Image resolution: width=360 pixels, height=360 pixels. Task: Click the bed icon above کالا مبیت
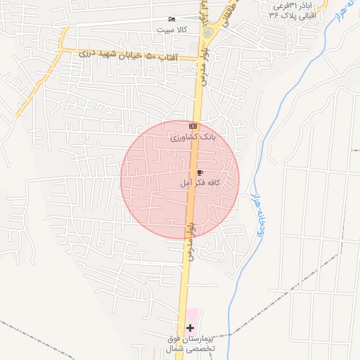click(172, 19)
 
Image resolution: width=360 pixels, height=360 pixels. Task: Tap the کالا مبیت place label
click(173, 29)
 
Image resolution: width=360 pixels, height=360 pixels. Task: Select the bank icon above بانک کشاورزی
click(193, 127)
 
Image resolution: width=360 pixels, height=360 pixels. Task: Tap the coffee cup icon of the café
click(200, 172)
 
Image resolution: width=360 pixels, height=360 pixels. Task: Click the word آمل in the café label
click(186, 183)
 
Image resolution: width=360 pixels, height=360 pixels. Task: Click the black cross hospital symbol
click(189, 327)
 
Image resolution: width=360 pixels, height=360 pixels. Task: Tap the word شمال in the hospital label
click(174, 349)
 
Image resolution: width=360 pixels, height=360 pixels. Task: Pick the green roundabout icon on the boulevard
click(207, 32)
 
